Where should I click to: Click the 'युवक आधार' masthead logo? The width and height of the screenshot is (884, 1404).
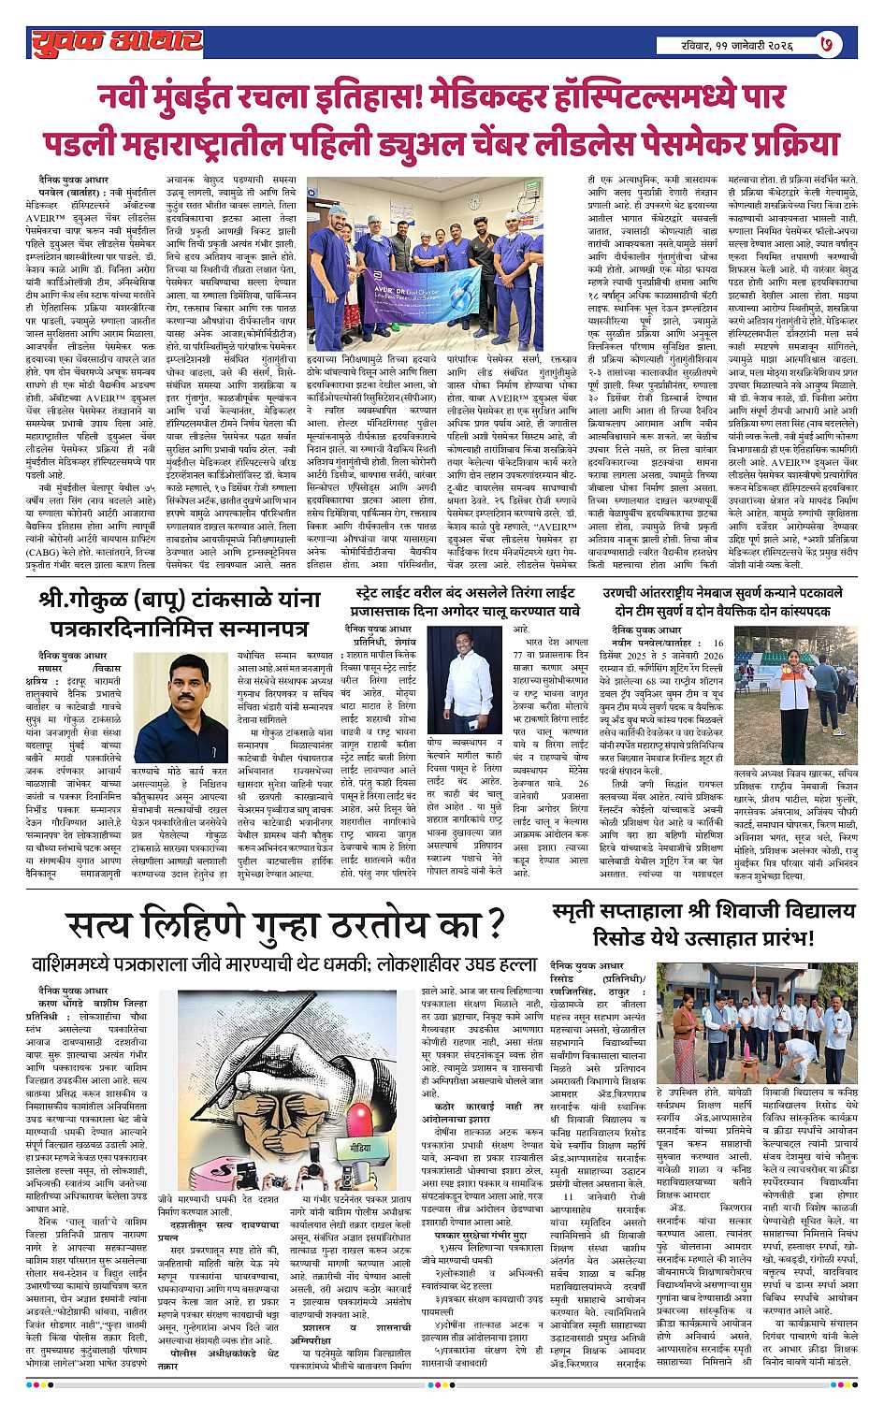(115, 42)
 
